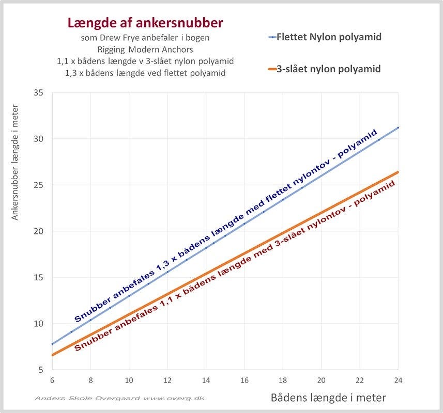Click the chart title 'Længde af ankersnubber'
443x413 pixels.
point(145,23)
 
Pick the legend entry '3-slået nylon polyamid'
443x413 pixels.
point(330,69)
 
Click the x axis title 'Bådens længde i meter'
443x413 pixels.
point(328,398)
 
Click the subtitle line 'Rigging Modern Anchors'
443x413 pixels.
point(145,50)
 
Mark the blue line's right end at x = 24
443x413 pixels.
point(398,128)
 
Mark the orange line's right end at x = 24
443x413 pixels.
point(398,172)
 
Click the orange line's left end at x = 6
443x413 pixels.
point(52,355)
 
